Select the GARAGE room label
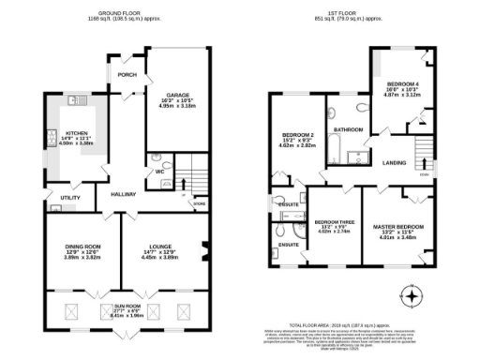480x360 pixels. click(x=179, y=95)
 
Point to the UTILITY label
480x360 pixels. click(x=70, y=199)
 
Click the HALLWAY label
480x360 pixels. click(x=124, y=194)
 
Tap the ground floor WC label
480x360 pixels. click(x=158, y=171)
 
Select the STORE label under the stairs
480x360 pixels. click(x=199, y=202)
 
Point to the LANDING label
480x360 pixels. click(x=394, y=162)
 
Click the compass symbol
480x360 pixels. click(x=410, y=296)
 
